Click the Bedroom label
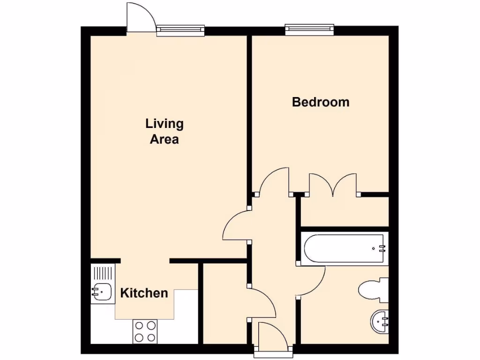321,102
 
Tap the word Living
164,124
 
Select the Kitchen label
144,293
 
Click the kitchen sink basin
102,292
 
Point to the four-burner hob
145,331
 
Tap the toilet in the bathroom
374,289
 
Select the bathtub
345,248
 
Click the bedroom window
310,30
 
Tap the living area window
180,30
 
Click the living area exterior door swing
140,18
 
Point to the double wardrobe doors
333,184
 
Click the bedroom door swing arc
274,181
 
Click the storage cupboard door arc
262,303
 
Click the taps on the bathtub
382,248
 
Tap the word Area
164,139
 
